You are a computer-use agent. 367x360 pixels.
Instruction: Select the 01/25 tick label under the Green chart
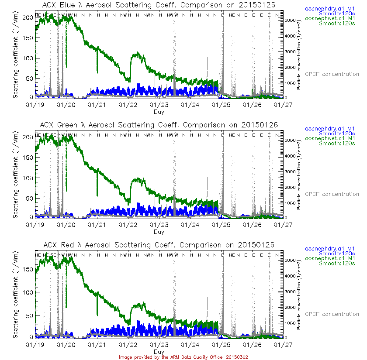coord(222,225)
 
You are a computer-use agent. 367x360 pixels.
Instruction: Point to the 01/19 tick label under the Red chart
coord(35,345)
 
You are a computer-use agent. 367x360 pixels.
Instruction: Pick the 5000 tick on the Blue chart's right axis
coord(290,20)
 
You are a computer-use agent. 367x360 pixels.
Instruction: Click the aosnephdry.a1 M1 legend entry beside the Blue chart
coord(329,8)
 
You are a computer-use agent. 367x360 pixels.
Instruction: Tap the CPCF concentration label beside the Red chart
coord(332,314)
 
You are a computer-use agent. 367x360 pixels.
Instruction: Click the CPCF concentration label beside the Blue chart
coord(332,74)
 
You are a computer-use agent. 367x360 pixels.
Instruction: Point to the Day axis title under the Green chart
coord(159,232)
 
